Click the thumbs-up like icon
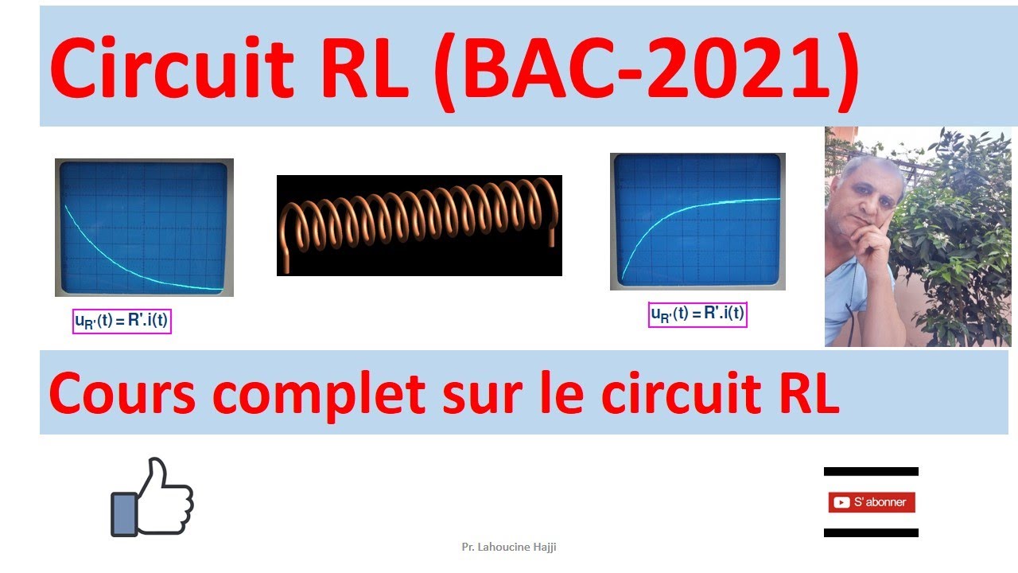point(152,498)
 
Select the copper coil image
point(419,225)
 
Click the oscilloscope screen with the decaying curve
point(144,228)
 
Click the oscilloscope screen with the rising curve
point(697,221)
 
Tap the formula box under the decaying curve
point(122,322)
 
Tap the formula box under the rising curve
point(698,314)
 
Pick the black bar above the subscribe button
point(871,472)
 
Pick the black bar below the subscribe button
point(871,532)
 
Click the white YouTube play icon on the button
point(840,502)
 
